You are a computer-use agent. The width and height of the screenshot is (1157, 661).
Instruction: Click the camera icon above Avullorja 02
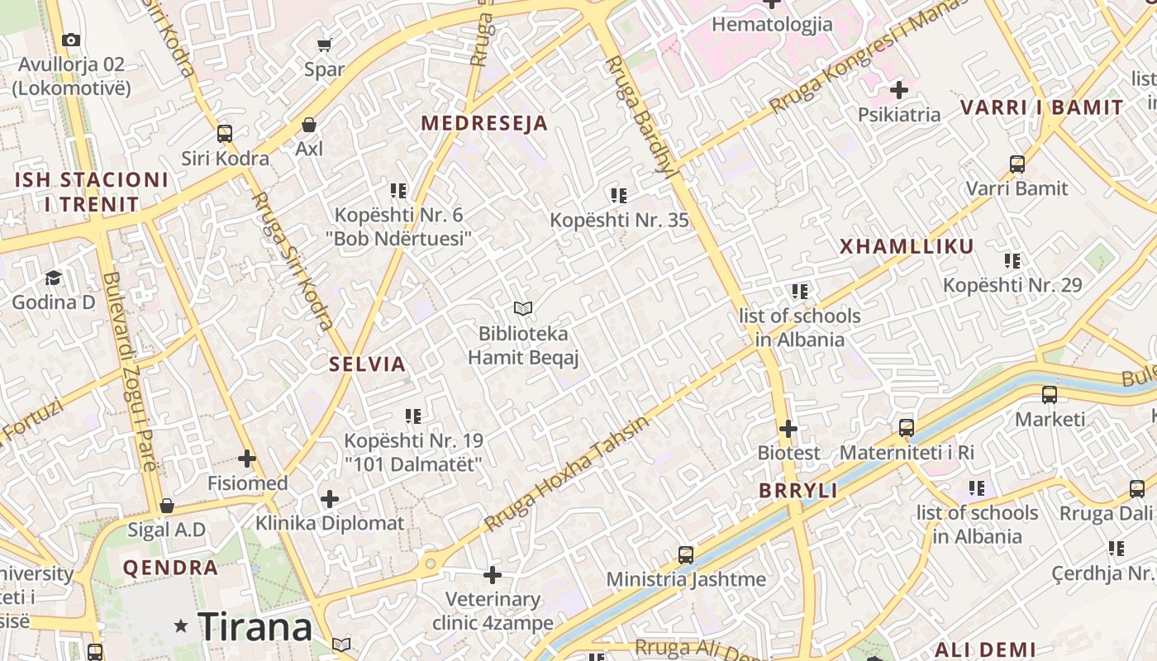click(x=71, y=40)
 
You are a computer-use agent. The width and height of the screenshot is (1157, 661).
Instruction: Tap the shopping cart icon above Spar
click(x=325, y=45)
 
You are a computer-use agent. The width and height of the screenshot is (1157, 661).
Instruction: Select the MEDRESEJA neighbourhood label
click(x=484, y=123)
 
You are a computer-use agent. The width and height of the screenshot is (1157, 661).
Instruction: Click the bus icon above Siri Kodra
click(x=224, y=133)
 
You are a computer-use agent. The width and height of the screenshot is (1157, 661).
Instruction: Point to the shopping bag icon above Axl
click(x=309, y=125)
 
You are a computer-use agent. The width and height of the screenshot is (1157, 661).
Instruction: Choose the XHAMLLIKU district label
click(x=907, y=246)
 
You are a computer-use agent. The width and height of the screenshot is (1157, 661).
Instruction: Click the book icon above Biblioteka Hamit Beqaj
click(x=522, y=309)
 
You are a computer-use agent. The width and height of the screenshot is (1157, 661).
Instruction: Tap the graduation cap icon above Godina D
click(x=54, y=278)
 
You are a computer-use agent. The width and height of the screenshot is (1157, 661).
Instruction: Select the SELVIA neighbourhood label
click(x=367, y=364)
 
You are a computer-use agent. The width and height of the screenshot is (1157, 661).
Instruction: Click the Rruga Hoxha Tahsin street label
click(x=567, y=474)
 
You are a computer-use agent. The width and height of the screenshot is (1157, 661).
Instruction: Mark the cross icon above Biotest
click(x=788, y=429)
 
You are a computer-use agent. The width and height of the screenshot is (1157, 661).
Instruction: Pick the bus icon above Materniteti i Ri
click(x=907, y=428)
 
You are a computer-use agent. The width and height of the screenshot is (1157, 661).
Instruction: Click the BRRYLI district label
click(x=798, y=490)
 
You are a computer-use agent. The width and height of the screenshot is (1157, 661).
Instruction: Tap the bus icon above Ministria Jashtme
click(x=685, y=554)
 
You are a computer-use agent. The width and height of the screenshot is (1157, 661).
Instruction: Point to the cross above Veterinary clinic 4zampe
click(x=493, y=574)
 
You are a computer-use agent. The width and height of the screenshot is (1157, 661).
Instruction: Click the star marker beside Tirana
click(x=181, y=627)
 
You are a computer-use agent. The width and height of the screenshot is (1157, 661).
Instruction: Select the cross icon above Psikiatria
click(x=899, y=90)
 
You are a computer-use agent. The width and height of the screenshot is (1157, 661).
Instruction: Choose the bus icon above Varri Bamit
click(x=1017, y=164)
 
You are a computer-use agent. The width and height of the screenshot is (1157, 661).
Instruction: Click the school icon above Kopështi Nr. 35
click(x=618, y=196)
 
